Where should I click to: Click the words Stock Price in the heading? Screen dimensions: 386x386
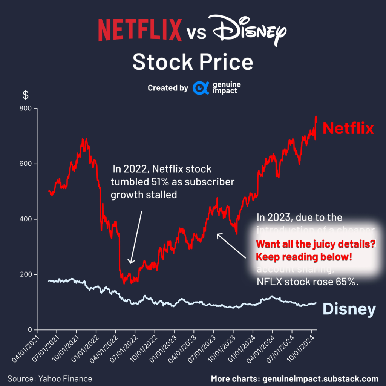(x=193, y=62)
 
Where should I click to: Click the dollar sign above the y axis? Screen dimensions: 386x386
(x=25, y=95)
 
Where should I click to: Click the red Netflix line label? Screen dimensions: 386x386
(x=348, y=129)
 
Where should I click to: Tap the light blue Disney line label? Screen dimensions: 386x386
(x=349, y=309)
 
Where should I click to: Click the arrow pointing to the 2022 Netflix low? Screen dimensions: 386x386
(x=136, y=237)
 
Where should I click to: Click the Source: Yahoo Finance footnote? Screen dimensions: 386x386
(x=49, y=378)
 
